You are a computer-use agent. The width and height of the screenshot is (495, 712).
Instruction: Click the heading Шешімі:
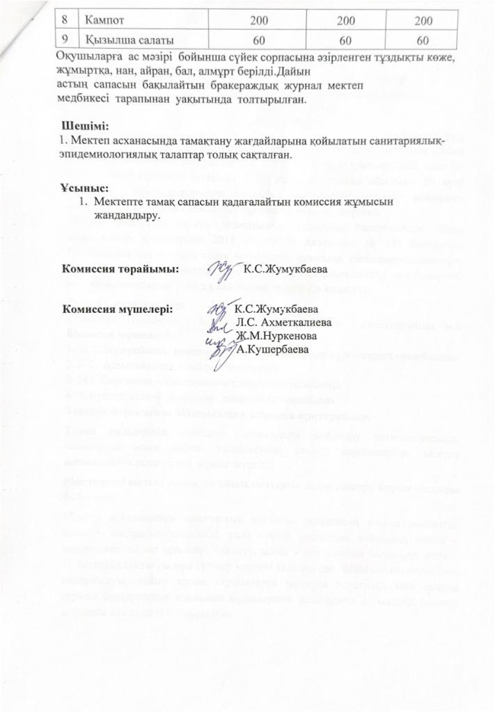(86, 127)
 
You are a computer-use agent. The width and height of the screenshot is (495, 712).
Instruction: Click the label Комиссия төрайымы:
(120, 267)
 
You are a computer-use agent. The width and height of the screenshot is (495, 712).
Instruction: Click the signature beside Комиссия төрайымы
(221, 267)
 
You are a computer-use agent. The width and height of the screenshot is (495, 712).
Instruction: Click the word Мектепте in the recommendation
(119, 201)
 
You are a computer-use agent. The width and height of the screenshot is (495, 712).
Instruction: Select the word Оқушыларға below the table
(88, 57)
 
